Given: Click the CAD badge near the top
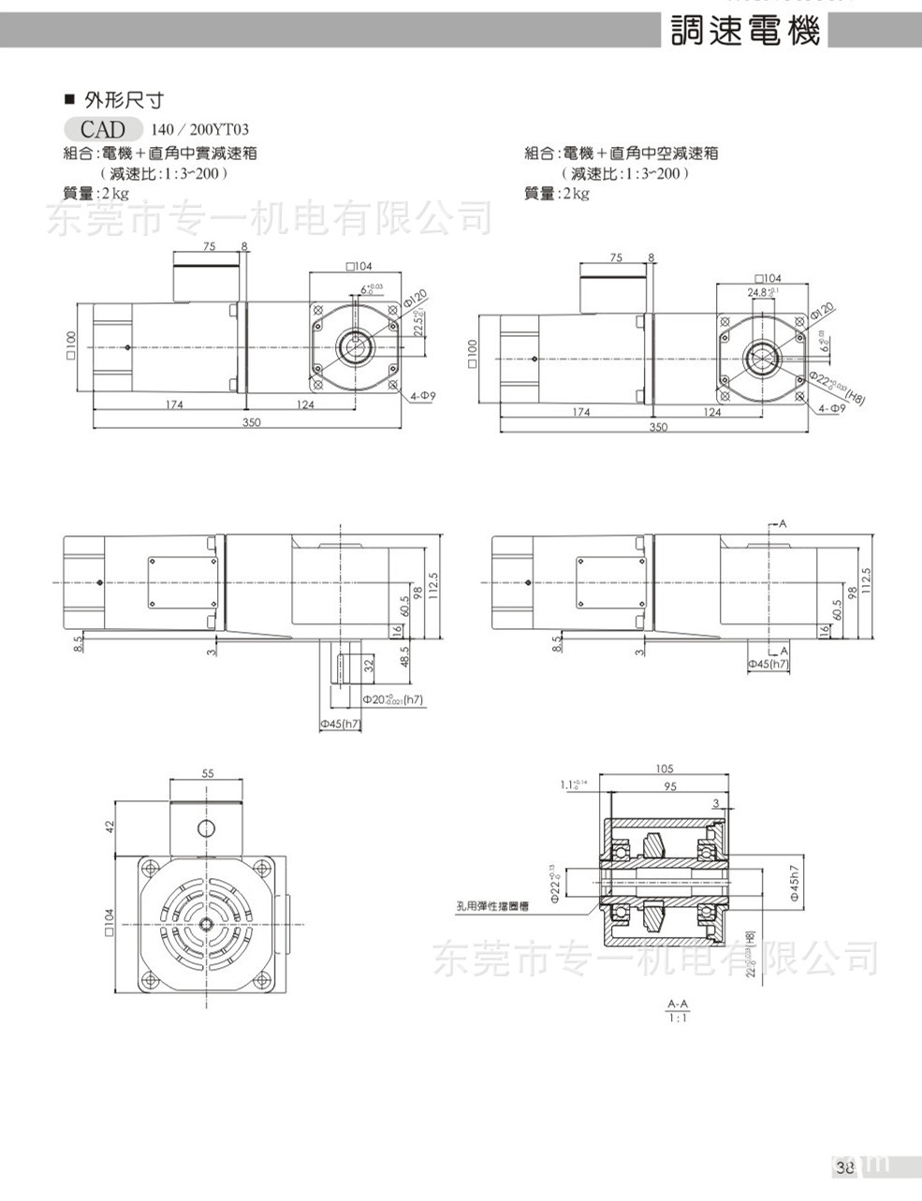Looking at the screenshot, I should (103, 129).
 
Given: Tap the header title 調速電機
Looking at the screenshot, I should (746, 31).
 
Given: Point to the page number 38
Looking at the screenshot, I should (844, 1166).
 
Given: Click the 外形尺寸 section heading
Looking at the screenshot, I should (124, 99).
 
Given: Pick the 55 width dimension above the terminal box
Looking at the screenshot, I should (208, 773).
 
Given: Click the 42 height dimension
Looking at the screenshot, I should (109, 828).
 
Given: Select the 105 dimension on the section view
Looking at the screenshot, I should (666, 769).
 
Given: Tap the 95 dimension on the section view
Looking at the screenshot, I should (670, 786).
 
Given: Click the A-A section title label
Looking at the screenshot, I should (679, 1003).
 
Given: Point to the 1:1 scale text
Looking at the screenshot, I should (679, 1018).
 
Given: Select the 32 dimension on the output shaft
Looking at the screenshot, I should (368, 666).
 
